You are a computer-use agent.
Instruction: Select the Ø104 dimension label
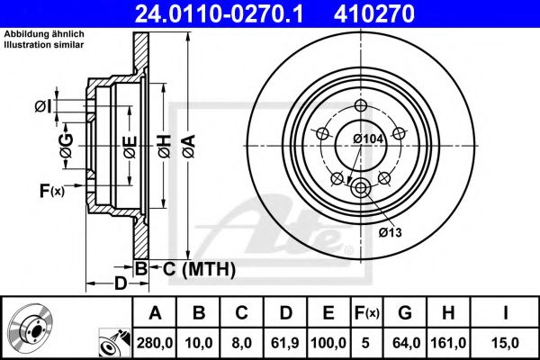(x=369, y=139)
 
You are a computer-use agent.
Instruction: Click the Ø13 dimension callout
(x=389, y=232)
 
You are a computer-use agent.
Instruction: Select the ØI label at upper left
(x=42, y=107)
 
